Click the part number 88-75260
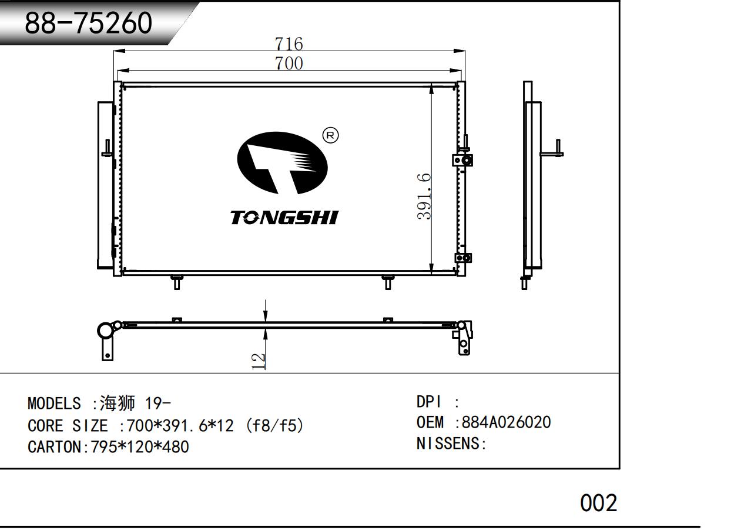[89, 23]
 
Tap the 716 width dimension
[289, 44]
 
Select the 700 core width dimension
[289, 64]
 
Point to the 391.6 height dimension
[424, 196]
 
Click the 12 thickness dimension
[259, 361]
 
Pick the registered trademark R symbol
[330, 135]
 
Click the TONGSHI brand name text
[284, 218]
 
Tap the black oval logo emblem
[282, 163]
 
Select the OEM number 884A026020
[506, 422]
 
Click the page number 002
[599, 503]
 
